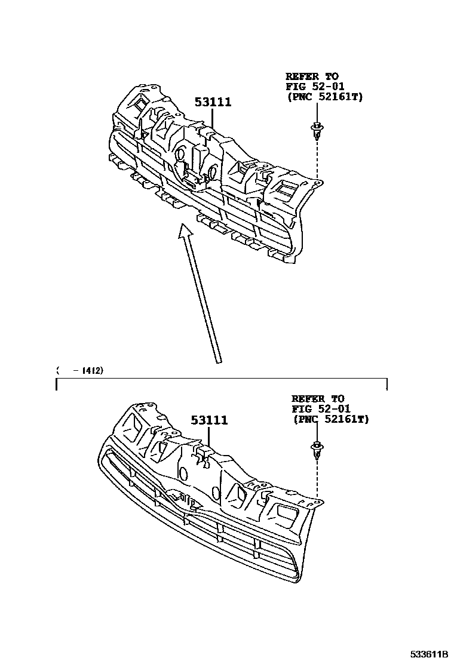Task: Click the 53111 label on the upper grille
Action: pos(213,102)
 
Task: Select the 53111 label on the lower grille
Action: pos(209,420)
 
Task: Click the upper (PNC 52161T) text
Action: pos(324,96)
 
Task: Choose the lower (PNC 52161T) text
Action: pos(331,420)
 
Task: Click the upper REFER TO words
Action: pos(311,76)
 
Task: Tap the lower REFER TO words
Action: pos(318,399)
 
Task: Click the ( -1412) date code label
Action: pos(80,371)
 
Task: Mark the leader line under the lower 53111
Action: pos(209,435)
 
